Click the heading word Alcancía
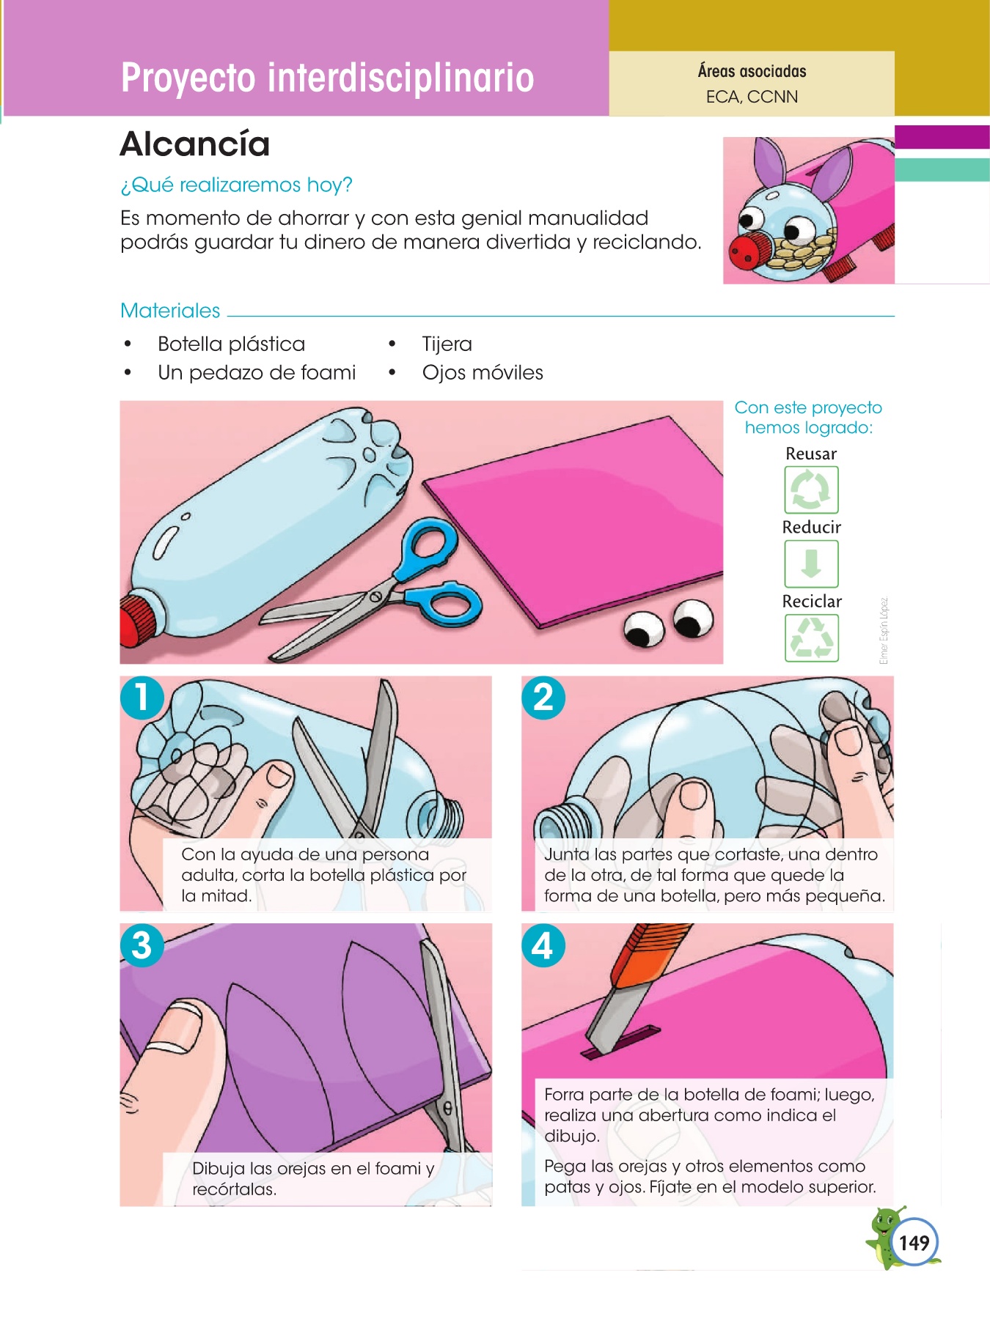coord(195,144)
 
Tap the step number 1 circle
coord(142,697)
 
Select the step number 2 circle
coord(543,697)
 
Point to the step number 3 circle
coord(142,945)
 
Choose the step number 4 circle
coord(543,945)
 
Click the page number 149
coord(914,1243)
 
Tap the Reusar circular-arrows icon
coord(811,489)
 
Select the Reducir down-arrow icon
coord(811,564)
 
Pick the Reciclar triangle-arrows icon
coord(811,638)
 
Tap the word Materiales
coord(170,311)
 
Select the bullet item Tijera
coord(447,344)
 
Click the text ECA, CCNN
coord(752,97)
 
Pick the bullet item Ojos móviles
coord(483,372)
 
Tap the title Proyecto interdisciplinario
coord(328,78)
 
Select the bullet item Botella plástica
coord(231,344)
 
